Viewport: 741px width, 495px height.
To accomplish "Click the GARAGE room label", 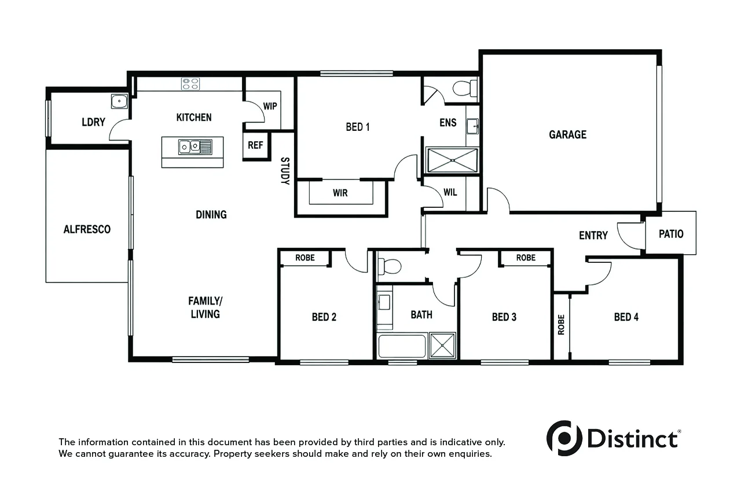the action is tap(568, 134).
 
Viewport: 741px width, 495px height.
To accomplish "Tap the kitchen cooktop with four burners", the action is tap(190, 84).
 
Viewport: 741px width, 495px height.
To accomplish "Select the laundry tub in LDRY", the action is tap(119, 101).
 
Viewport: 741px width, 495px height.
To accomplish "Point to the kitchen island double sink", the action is tap(195, 147).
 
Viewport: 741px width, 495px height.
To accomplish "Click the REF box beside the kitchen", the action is tap(256, 145).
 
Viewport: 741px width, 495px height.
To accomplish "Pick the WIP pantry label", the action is tap(270, 106).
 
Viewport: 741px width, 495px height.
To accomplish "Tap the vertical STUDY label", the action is tap(285, 171).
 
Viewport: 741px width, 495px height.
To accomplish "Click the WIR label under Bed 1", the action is tap(340, 193).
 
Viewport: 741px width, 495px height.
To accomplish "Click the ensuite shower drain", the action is tap(453, 160).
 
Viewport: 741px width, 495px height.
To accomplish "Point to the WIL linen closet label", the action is tap(450, 192).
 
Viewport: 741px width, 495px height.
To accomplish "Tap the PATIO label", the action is tap(671, 234).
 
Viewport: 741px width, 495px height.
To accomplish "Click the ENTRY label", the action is tap(593, 235).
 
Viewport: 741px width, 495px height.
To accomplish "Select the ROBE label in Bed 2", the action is tap(305, 258).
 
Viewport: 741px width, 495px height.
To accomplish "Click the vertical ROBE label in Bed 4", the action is tap(561, 325).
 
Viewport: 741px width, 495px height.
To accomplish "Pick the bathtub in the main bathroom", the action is tap(402, 346).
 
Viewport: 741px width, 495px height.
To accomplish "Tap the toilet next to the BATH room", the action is tap(390, 266).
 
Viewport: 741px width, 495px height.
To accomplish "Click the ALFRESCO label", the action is tap(87, 229).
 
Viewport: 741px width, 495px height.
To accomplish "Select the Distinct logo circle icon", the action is tap(564, 438).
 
